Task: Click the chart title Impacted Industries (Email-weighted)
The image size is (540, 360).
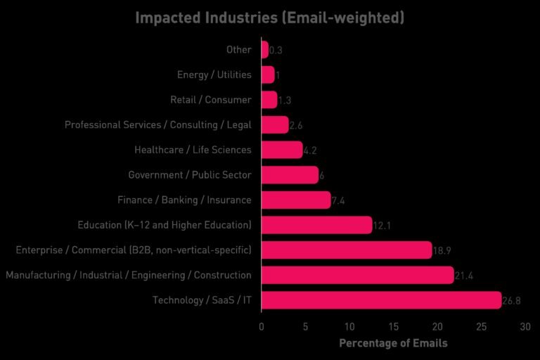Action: click(269, 17)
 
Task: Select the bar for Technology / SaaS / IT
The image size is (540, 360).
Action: click(380, 300)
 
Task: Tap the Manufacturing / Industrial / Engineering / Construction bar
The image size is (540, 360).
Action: click(357, 275)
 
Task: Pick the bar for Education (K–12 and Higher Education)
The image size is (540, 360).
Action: click(316, 225)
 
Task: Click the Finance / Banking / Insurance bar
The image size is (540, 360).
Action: click(295, 200)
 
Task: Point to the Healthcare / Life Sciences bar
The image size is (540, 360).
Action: click(281, 150)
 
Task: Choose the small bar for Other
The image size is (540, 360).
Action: click(264, 50)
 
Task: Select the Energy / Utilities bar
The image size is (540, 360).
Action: click(267, 75)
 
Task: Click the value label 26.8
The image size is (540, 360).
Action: click(511, 301)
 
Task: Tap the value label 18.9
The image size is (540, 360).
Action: click(442, 251)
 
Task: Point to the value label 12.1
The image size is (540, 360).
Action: click(382, 226)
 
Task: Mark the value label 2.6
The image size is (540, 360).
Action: click(296, 126)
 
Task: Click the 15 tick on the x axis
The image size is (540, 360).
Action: click(393, 327)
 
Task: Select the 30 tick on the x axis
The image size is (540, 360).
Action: click(525, 327)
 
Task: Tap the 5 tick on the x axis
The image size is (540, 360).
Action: click(305, 327)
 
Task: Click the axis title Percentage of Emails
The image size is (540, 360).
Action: click(393, 343)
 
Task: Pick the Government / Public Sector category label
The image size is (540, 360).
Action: click(189, 175)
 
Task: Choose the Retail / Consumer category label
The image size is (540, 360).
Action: click(210, 100)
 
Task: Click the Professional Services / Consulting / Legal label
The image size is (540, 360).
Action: click(157, 125)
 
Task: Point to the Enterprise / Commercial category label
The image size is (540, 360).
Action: click(133, 250)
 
